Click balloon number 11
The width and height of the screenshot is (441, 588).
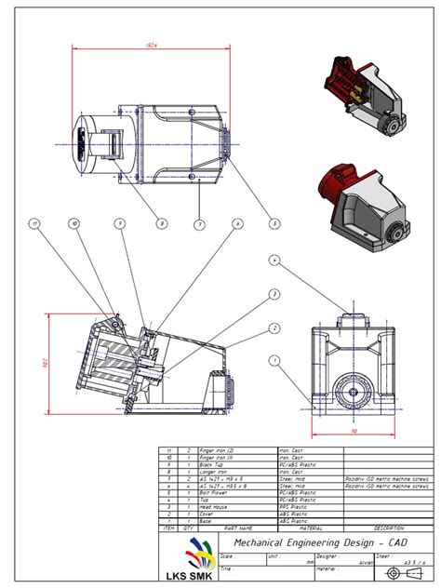(35, 223)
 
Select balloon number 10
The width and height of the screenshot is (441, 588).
(74, 223)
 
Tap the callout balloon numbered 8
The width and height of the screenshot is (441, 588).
(161, 223)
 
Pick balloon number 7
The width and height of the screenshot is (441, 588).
(199, 223)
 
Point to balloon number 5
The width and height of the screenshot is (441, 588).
(274, 223)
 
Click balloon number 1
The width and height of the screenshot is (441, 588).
(274, 360)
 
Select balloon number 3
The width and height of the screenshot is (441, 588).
(274, 294)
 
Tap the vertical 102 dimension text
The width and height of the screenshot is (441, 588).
(43, 363)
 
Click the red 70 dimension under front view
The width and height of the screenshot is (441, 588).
(354, 431)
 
